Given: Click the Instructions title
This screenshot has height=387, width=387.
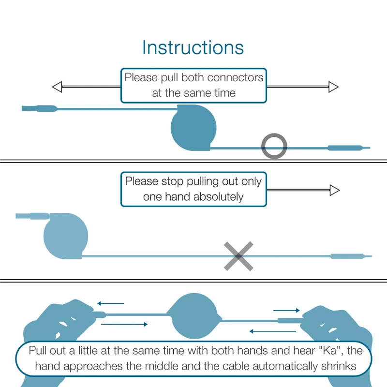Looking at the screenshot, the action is coord(193,48).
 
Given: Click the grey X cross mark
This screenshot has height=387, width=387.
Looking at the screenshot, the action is coord(238,256).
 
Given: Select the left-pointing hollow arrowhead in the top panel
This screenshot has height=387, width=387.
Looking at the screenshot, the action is coord(57,87).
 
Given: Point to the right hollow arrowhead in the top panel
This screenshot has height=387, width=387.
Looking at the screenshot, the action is coord(333,87).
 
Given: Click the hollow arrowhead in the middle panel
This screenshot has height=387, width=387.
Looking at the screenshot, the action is coord(334,190).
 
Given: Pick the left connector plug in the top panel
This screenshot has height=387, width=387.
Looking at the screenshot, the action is coord(39,108).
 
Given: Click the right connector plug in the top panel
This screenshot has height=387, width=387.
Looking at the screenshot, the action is coord(348,148).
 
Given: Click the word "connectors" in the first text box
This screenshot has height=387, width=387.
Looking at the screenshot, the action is coord(235,77).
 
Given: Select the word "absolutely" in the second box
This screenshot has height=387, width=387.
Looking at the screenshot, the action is coord(218,197).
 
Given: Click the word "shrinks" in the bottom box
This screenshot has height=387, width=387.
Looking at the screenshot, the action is coord(339,366).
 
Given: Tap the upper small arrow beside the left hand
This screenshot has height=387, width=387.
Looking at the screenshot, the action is coord(110,304).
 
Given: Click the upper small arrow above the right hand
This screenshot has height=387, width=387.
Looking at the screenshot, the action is coord(287,310).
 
